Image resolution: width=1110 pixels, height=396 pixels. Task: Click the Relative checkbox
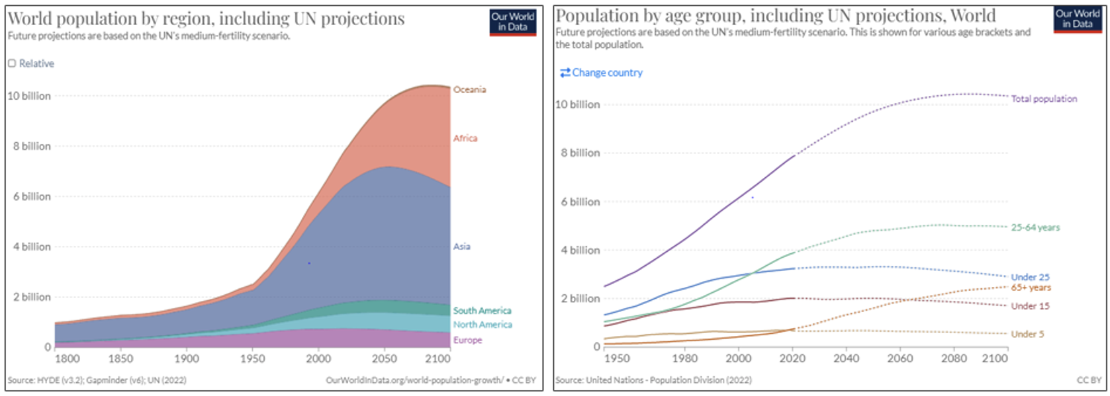(12, 63)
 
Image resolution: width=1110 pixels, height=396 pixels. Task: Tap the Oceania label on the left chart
(469, 90)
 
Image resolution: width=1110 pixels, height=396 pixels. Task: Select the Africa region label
(465, 138)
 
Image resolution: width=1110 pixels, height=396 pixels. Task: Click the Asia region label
(461, 247)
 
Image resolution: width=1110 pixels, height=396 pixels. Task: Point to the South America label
(482, 311)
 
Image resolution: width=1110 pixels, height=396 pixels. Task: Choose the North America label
(483, 325)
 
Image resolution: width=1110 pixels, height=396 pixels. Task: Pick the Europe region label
(467, 340)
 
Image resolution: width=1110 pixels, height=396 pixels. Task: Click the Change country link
(601, 73)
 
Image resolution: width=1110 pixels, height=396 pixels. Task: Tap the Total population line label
(1044, 99)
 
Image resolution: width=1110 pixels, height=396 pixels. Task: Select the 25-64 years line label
(1035, 227)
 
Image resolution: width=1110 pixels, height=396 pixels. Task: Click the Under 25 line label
(1030, 278)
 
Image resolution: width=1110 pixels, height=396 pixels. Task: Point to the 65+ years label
(1031, 288)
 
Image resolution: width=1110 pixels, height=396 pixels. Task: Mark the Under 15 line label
(1030, 306)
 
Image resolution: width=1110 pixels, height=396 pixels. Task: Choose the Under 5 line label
(1027, 335)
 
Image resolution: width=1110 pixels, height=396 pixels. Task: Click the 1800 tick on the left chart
(67, 359)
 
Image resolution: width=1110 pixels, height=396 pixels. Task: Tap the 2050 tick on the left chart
(384, 359)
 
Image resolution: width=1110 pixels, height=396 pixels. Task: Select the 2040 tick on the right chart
(846, 358)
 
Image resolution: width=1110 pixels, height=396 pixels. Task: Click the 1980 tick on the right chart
(684, 358)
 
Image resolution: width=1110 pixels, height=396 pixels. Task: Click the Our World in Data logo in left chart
(513, 21)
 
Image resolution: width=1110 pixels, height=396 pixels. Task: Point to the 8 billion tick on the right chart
(580, 153)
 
